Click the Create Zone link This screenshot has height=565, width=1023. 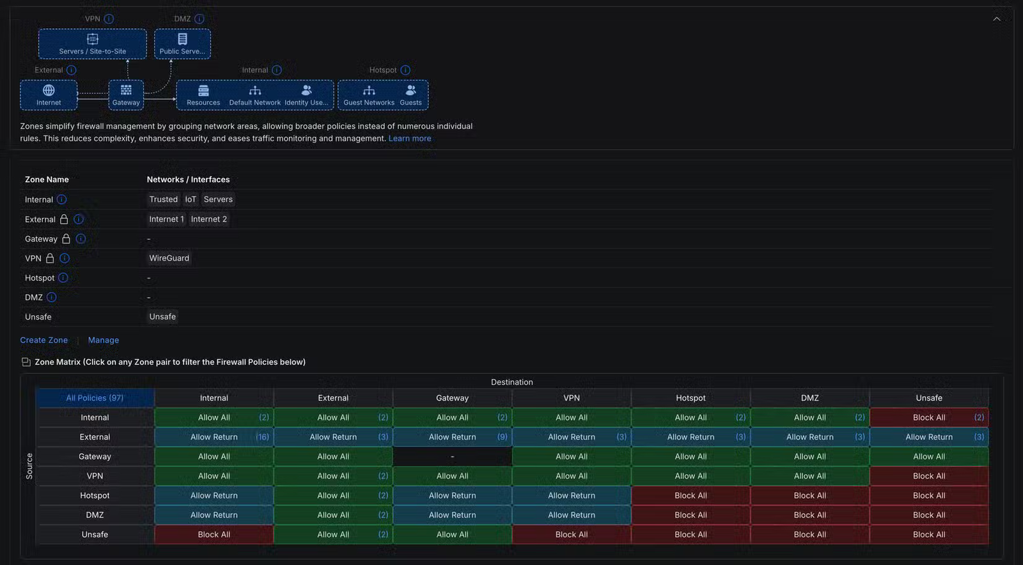(44, 340)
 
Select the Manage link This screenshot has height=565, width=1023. (103, 340)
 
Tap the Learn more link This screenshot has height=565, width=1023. (410, 138)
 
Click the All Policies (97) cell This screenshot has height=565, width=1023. (95, 398)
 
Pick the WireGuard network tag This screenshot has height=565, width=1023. (169, 258)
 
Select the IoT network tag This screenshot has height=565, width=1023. (191, 199)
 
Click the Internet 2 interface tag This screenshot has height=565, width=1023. (208, 219)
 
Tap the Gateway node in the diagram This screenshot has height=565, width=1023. (126, 95)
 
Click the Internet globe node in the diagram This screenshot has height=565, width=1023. (49, 95)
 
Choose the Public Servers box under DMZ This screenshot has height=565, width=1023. (182, 44)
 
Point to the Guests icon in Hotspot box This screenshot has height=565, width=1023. (410, 90)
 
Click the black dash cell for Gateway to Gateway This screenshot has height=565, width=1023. (452, 456)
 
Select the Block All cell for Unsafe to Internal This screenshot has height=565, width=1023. (214, 534)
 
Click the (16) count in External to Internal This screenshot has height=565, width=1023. (262, 437)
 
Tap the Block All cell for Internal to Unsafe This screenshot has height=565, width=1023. (929, 417)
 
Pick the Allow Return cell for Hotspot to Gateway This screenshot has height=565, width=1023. (452, 495)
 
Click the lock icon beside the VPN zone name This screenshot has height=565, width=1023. (50, 258)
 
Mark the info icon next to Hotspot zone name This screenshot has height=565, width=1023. (63, 278)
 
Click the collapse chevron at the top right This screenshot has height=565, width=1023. (997, 19)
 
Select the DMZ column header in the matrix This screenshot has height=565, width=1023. (809, 398)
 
